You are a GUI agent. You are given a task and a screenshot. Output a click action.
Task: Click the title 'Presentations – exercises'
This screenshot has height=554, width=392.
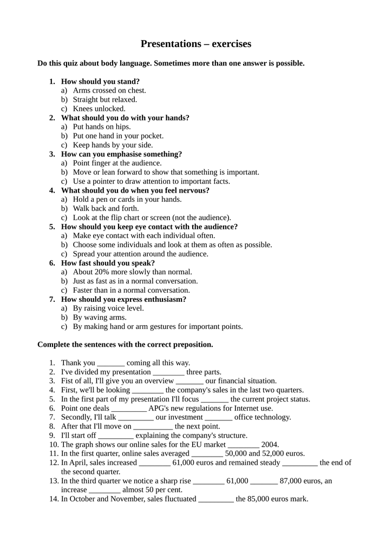coord(196,44)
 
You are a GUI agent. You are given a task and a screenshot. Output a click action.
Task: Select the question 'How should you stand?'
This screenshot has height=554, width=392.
coord(100,81)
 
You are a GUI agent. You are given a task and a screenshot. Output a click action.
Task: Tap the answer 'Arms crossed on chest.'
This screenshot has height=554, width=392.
coord(109,90)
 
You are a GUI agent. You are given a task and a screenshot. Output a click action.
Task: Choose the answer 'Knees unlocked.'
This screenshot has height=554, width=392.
coord(99,108)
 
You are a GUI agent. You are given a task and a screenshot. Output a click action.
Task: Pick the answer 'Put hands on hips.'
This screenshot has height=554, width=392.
coord(102,127)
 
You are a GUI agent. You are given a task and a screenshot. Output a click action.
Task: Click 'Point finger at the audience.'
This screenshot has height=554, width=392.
coord(117,163)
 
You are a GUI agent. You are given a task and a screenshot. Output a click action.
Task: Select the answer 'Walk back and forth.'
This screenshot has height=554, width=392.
coord(106,208)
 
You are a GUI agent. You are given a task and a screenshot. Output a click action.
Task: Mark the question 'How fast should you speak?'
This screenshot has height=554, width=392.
coord(108,263)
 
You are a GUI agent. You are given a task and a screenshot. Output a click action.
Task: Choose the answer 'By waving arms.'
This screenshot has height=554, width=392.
coord(100,318)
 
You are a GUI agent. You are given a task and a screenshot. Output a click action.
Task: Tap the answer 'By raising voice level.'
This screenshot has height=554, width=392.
coord(108,308)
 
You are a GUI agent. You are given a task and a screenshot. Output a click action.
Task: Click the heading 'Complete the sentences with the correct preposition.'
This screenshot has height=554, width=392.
coord(125,345)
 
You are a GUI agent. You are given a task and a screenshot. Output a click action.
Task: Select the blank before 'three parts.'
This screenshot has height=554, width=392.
coord(168,373)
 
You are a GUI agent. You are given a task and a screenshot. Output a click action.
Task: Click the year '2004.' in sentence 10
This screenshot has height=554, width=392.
coord(270,445)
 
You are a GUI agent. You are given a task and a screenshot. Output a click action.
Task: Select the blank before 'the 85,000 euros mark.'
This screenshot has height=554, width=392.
coord(216,499)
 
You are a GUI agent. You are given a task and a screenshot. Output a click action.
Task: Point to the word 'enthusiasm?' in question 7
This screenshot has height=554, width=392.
coord(165,299)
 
